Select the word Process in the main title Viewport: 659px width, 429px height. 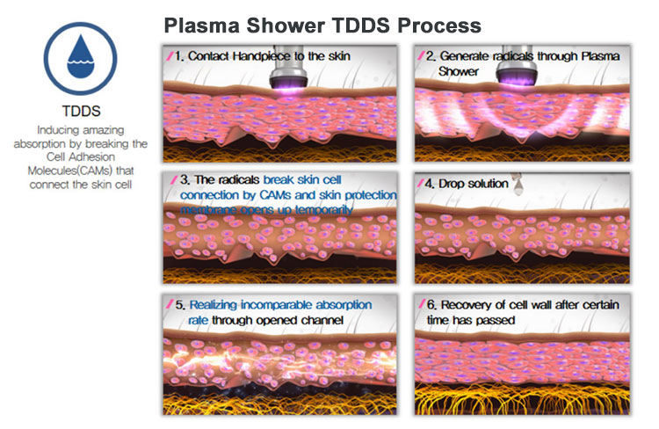coord(435,24)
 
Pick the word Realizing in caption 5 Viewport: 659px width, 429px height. coord(219,306)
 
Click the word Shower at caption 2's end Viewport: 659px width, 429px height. coord(458,71)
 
